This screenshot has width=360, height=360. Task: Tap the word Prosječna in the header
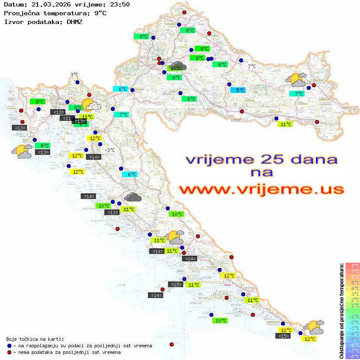pyautogui.click(x=21, y=13)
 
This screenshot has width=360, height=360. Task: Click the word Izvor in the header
pyautogui.click(x=13, y=21)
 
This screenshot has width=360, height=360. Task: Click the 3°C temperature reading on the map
pyautogui.click(x=74, y=75)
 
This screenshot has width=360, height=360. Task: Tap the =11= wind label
pyautogui.click(x=67, y=118)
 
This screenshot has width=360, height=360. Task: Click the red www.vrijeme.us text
pyautogui.click(x=261, y=190)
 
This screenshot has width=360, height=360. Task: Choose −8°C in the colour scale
pyautogui.click(x=353, y=357)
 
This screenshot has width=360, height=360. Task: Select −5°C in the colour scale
pyautogui.click(x=353, y=339)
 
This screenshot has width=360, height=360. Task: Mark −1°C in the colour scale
pyautogui.click(x=353, y=316)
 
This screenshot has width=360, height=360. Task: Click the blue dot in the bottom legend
pyautogui.click(x=9, y=346)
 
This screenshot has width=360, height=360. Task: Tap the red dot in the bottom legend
pyautogui.click(x=9, y=352)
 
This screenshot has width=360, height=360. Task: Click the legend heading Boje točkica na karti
pyautogui.click(x=35, y=339)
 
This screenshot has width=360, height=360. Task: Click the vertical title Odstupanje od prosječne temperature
pyautogui.click(x=341, y=310)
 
